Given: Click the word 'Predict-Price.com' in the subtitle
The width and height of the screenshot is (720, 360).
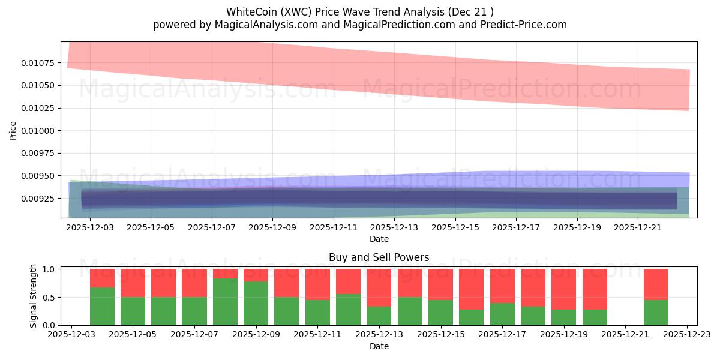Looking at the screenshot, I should tap(523, 25).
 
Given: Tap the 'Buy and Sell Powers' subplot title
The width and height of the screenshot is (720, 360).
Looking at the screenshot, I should tap(379, 257).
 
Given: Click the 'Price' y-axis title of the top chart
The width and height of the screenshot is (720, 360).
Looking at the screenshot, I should tap(13, 130).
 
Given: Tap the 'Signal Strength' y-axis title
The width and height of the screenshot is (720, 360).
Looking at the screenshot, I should tap(34, 295).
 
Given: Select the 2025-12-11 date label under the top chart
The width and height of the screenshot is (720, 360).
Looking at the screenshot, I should tap(333, 228).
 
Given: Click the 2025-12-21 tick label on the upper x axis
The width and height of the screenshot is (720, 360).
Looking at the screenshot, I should tap(637, 228).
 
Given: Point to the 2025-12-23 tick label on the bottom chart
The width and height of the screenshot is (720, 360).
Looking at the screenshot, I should tap(687, 335).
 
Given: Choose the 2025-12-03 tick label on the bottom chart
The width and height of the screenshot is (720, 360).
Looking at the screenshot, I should tap(72, 335).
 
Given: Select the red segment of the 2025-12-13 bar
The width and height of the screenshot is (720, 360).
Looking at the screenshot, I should tap(379, 287).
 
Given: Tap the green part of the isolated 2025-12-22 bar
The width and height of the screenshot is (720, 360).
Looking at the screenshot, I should tap(656, 313).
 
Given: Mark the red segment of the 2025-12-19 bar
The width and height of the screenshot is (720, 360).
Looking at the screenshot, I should tap(563, 289).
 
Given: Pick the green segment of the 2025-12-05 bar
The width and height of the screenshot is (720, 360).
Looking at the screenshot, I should tap(133, 311).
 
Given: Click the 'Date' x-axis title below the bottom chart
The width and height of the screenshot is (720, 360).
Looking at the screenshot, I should tap(379, 346).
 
